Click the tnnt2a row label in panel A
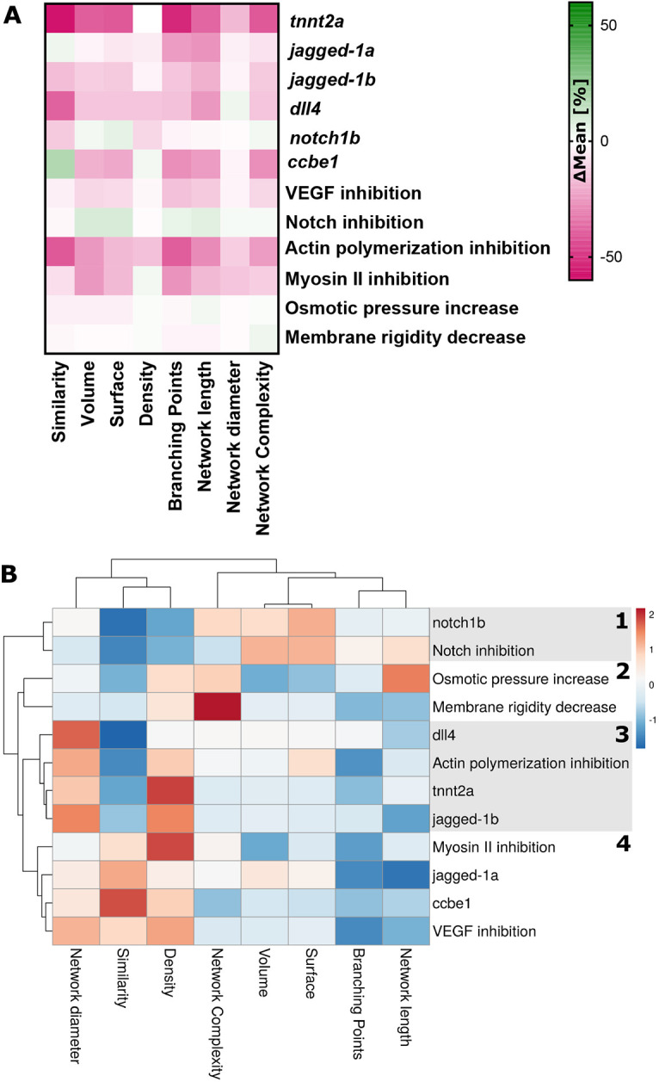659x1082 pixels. pos(317,22)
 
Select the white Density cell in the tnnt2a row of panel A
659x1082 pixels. pos(147,19)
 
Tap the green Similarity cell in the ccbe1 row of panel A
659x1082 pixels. pos(60,164)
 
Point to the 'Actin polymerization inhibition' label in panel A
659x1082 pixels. pos(417,248)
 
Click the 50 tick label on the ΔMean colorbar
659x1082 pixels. pos(608,25)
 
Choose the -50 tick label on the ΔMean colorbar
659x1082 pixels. pos(611,257)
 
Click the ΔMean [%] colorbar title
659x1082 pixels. pos(581,131)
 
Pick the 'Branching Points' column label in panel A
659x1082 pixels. pos(176,436)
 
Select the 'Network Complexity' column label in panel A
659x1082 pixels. pos(263,448)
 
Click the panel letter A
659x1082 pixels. pos(12,16)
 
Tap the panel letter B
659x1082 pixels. pos(9,575)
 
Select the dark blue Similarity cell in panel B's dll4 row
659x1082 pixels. pos(123,735)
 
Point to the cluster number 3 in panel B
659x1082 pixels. pos(622,735)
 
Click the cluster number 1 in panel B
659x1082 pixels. pos(622,621)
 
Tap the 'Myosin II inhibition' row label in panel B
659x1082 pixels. pos(494,847)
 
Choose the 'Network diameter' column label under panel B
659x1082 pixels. pos(75,1005)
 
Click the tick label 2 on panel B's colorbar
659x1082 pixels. pos(651,615)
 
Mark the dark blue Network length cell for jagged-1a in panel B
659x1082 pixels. pos(406,875)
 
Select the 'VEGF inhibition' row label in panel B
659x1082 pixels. pos(484,931)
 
